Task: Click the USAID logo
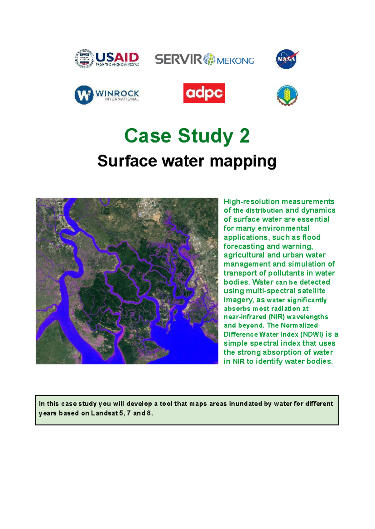click(x=107, y=59)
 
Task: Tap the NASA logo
click(x=287, y=59)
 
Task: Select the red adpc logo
click(x=204, y=93)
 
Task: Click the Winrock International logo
click(x=107, y=94)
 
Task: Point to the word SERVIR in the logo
click(x=178, y=59)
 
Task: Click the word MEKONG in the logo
click(x=235, y=61)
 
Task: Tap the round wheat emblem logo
click(x=287, y=95)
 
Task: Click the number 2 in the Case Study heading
click(x=245, y=136)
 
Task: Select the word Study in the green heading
click(x=206, y=136)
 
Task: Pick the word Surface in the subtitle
click(x=127, y=161)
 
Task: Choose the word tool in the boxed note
click(x=166, y=404)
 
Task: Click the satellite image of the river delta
click(x=127, y=281)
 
